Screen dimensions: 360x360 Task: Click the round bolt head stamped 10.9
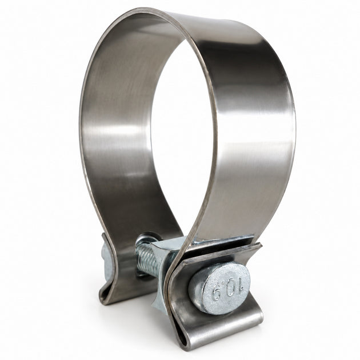point(220,289)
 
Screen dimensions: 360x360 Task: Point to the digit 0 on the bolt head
point(228,286)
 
